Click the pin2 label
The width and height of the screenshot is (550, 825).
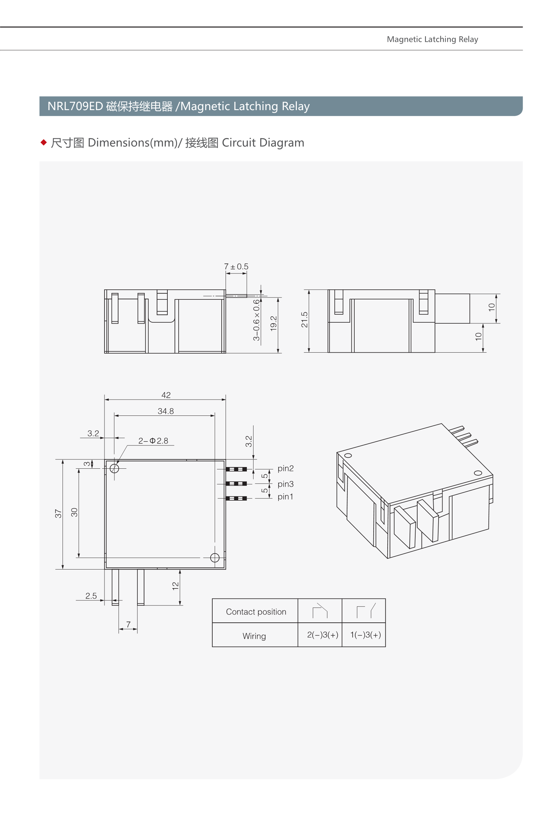pyautogui.click(x=285, y=468)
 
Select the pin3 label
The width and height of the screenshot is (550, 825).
pyautogui.click(x=285, y=484)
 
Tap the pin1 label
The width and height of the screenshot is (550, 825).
pyautogui.click(x=285, y=497)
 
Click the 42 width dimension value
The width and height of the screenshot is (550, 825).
pyautogui.click(x=166, y=395)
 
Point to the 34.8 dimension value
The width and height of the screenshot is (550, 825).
pyautogui.click(x=166, y=411)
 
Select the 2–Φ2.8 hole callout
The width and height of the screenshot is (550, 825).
pyautogui.click(x=153, y=441)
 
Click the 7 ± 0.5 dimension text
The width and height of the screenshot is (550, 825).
pyautogui.click(x=236, y=266)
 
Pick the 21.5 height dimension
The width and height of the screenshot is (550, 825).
pyautogui.click(x=304, y=319)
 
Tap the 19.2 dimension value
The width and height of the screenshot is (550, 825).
pyautogui.click(x=274, y=323)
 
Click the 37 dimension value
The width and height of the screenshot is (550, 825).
pyautogui.click(x=58, y=514)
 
